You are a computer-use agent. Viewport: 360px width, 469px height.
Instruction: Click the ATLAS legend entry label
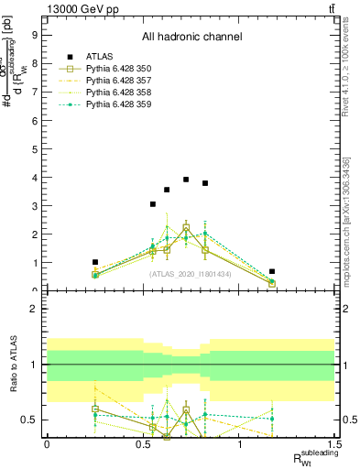click(98, 57)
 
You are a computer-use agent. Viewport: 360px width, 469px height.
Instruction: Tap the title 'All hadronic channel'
click(191, 38)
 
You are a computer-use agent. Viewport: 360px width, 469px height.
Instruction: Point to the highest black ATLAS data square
click(186, 180)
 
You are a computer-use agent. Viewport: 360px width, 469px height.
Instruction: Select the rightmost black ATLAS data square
click(272, 271)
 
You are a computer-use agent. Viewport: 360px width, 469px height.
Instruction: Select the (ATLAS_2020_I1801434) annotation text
click(191, 273)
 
